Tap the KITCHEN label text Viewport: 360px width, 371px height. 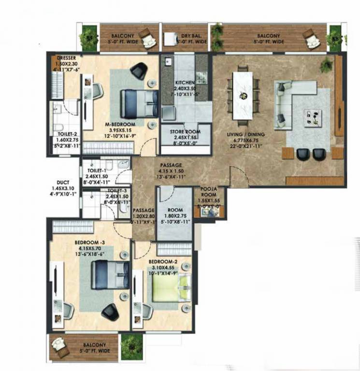pyautogui.click(x=184, y=83)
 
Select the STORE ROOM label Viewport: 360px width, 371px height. pyautogui.click(x=185, y=131)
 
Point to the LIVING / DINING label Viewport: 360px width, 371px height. pyautogui.click(x=246, y=134)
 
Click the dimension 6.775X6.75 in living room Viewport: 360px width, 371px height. pyautogui.click(x=246, y=140)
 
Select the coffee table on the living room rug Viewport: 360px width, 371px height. pyautogui.click(x=313, y=116)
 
